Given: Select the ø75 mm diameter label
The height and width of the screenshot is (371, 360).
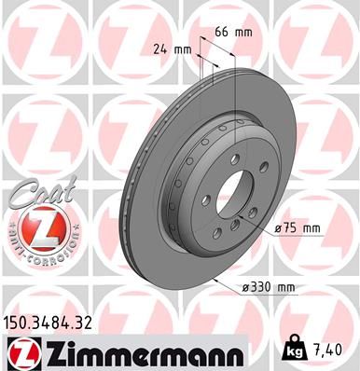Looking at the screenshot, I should (x=298, y=227).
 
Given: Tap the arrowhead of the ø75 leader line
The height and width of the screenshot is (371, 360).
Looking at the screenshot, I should (x=247, y=213).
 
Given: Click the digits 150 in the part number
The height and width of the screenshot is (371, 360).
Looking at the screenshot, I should (x=17, y=323).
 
